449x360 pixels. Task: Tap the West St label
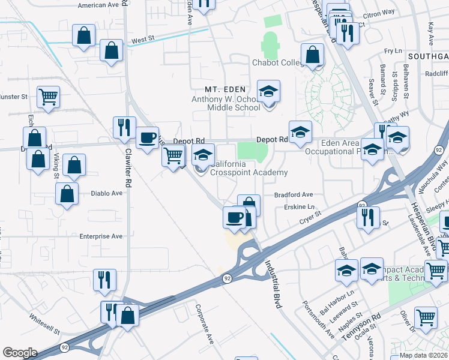click(x=143, y=39)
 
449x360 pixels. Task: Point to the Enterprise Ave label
click(x=101, y=236)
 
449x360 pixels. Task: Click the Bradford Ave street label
click(x=294, y=195)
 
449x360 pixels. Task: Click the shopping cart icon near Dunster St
click(x=48, y=95)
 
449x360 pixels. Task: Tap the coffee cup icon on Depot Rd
click(x=147, y=137)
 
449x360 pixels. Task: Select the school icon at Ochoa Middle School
click(x=268, y=91)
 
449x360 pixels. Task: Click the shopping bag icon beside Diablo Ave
click(x=67, y=193)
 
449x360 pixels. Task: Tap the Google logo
click(x=20, y=353)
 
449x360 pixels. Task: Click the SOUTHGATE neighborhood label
click(x=427, y=56)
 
